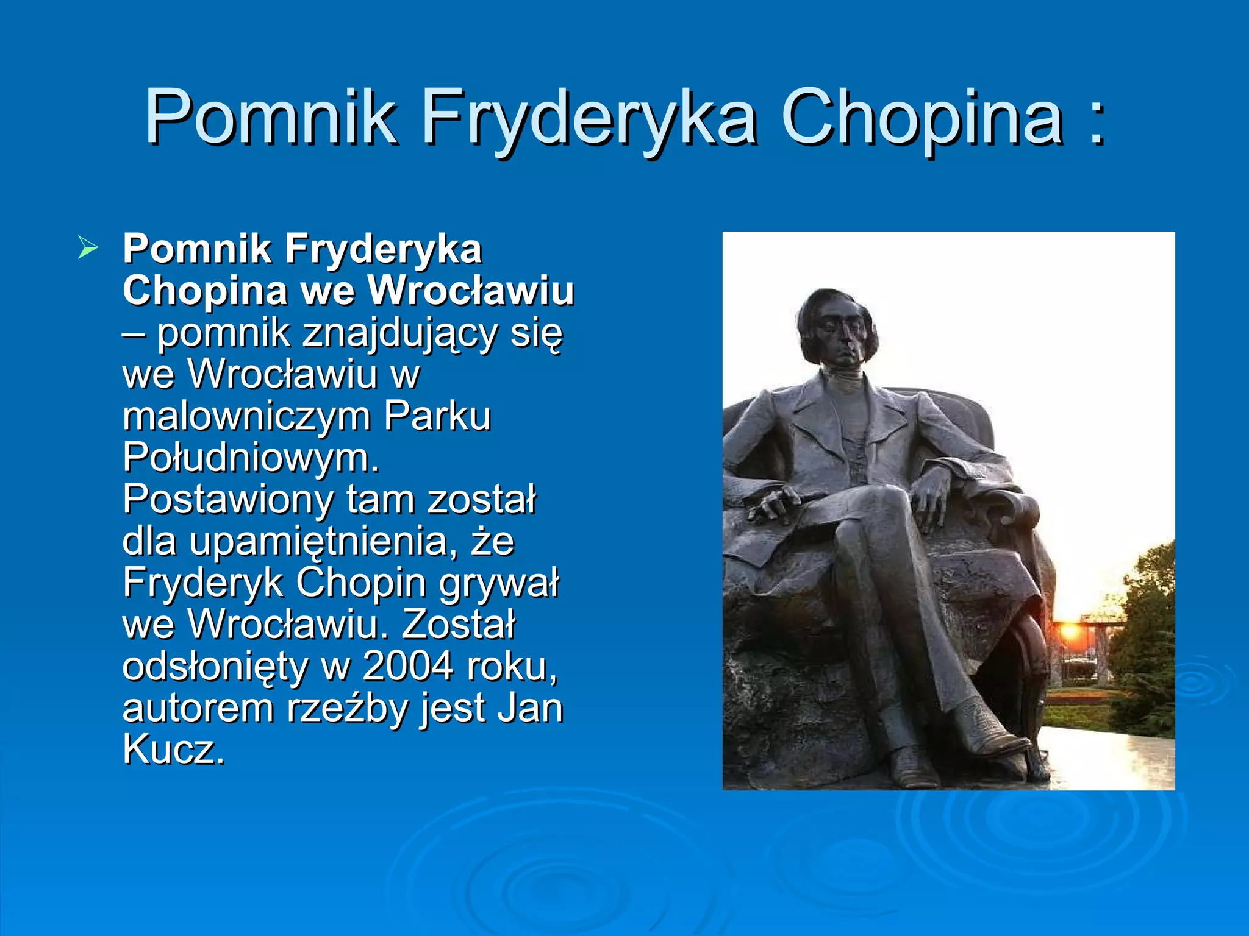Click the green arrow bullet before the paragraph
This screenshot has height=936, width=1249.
tap(88, 249)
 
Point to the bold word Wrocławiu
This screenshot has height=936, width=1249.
tap(471, 290)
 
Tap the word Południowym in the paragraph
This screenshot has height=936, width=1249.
tap(251, 458)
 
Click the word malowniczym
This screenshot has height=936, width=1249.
tap(246, 417)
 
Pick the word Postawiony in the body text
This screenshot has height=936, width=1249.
tap(227, 500)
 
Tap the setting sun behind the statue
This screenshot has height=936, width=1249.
tap(1069, 629)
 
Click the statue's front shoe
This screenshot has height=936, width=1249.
tap(915, 768)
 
